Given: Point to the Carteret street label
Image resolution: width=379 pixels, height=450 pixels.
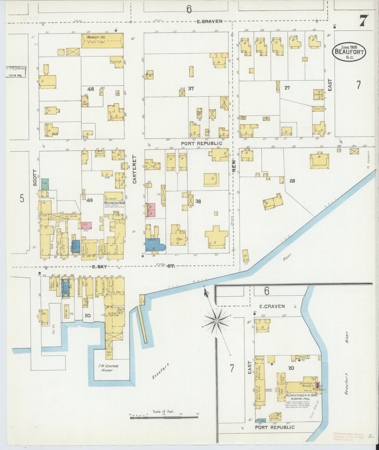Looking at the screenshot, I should pyautogui.click(x=135, y=169).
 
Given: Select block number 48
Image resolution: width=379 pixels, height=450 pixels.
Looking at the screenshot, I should pyautogui.click(x=91, y=89).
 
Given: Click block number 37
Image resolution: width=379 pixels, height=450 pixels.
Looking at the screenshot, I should pyautogui.click(x=191, y=88).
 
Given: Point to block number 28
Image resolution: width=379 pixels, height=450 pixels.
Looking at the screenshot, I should pyautogui.click(x=292, y=181).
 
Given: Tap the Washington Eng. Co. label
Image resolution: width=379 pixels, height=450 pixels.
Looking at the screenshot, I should pyautogui.click(x=114, y=203).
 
